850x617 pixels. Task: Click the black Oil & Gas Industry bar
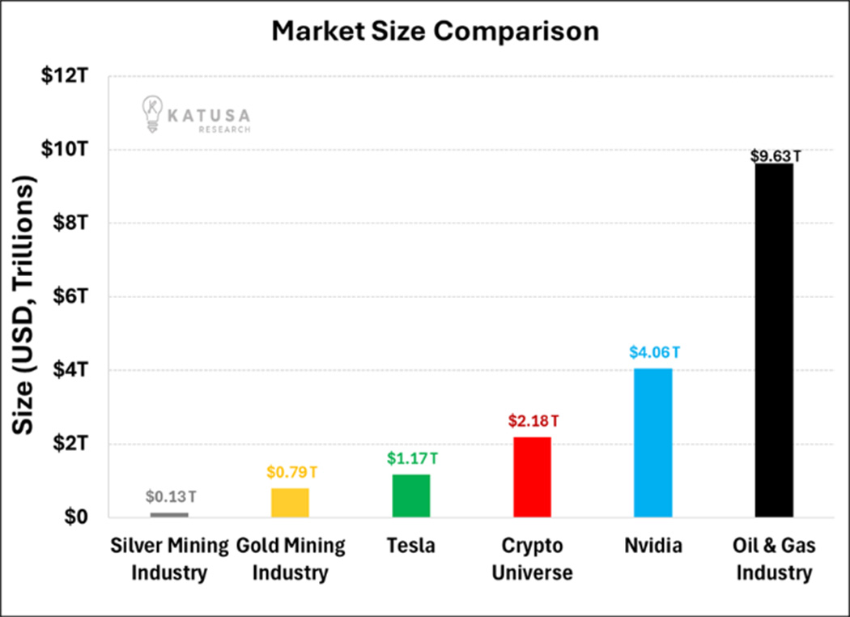coord(774,340)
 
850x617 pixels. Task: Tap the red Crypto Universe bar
coord(532,477)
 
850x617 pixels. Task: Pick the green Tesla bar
coord(411,496)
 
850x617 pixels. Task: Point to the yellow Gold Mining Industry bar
coord(290,502)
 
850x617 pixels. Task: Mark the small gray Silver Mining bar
coord(169,514)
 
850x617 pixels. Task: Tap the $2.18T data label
coord(533,421)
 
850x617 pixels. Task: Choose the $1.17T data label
coord(411,458)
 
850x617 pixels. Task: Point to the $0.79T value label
coord(290,472)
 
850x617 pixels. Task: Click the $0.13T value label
coord(169,496)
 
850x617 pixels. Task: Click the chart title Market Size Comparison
coord(435,32)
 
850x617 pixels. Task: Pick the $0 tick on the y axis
coord(77,517)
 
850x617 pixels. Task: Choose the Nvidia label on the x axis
coord(652,546)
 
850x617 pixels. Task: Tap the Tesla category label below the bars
coord(411,546)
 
